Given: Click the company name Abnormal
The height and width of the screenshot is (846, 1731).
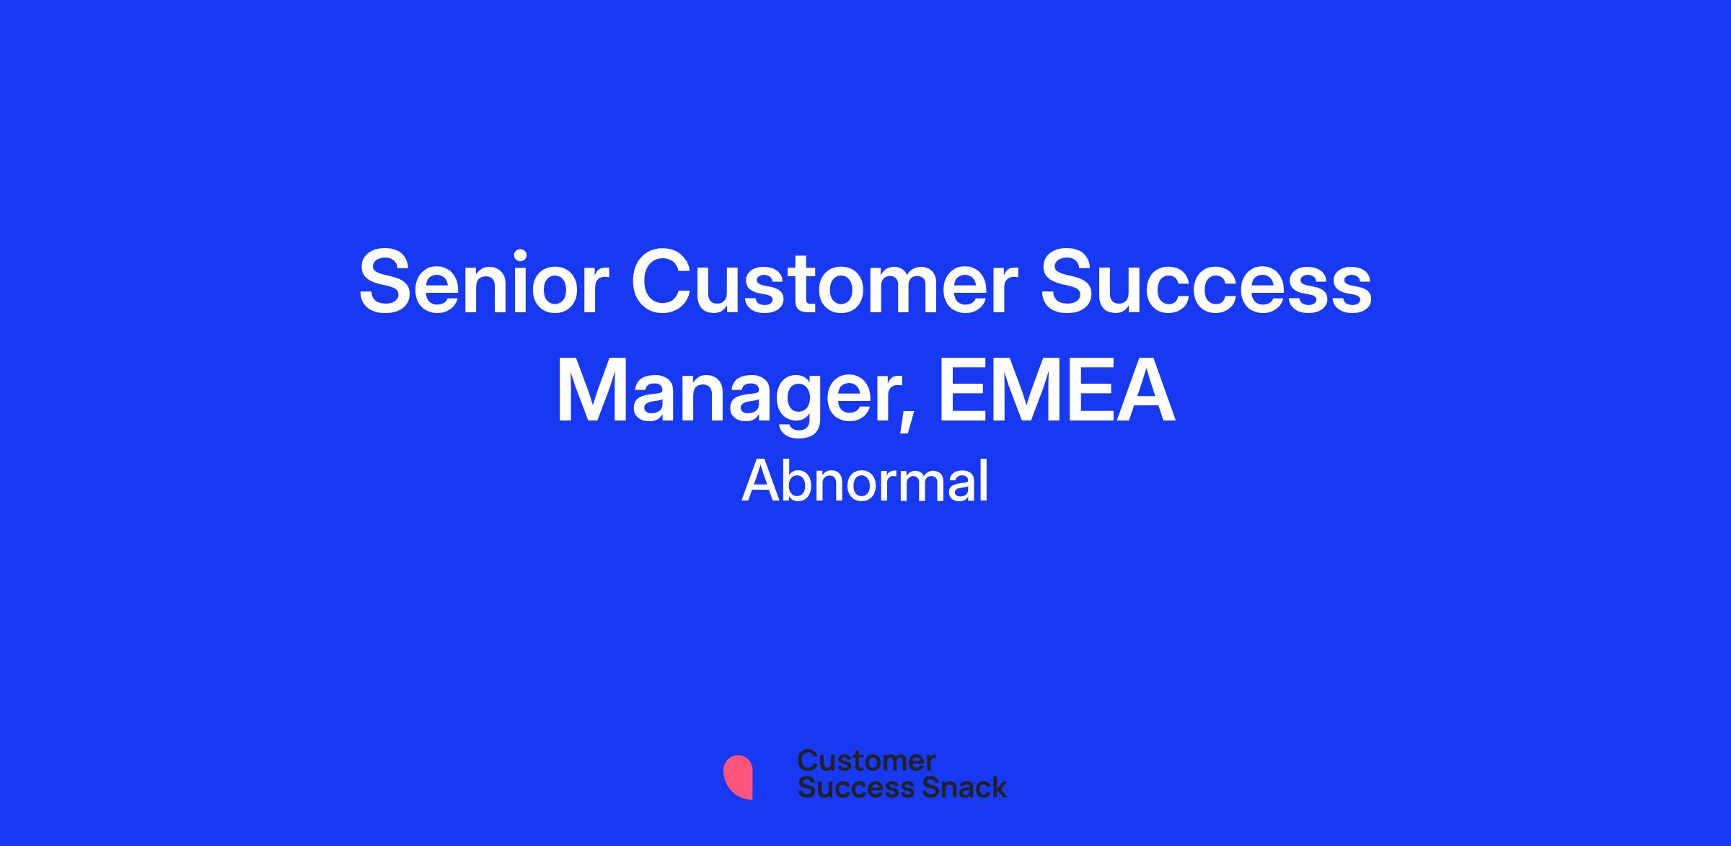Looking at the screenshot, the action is point(865,481).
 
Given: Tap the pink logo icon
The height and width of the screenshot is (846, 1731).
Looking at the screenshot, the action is point(738,777).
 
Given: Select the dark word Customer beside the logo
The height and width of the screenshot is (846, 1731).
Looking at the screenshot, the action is point(866,761).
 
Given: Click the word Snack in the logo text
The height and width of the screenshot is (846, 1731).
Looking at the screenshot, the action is point(953,787).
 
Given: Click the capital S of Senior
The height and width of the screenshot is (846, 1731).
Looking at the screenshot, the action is point(384,282).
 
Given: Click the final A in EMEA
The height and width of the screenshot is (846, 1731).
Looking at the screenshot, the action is point(1146,391).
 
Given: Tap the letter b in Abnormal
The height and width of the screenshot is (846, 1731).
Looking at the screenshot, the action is point(802,481).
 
